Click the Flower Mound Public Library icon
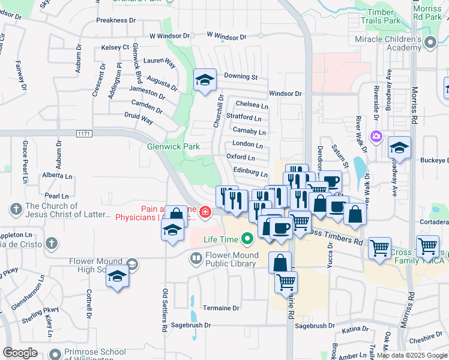click(x=196, y=259)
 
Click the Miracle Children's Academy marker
click(x=430, y=43)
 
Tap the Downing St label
click(x=240, y=77)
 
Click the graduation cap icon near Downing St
click(x=205, y=79)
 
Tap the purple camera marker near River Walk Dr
click(x=376, y=136)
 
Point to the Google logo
click(x=20, y=353)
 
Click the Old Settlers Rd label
click(x=164, y=311)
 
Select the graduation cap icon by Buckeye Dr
click(x=399, y=146)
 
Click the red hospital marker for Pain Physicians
click(x=205, y=212)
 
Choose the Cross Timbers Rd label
click(x=338, y=238)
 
